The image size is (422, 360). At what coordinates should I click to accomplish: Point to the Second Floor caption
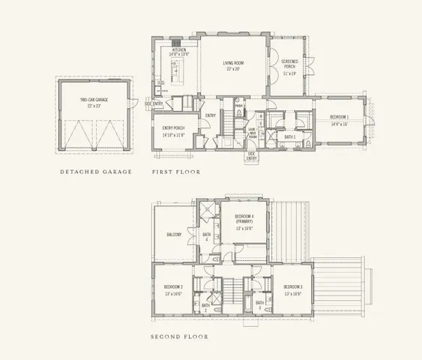point(179,337)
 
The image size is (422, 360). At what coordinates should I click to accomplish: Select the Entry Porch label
point(173,128)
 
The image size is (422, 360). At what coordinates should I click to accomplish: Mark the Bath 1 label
point(289,137)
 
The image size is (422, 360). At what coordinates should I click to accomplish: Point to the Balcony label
point(174,235)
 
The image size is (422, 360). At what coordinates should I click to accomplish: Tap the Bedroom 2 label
point(174,287)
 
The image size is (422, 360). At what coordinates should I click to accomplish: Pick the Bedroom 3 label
point(293,287)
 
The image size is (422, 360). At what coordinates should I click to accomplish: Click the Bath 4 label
point(207,237)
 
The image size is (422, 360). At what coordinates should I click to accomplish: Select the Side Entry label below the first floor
point(252,157)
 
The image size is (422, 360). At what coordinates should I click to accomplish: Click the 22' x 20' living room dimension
point(234,69)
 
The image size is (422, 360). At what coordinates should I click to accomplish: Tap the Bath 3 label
point(259,305)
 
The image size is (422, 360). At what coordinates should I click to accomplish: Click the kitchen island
point(177,73)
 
